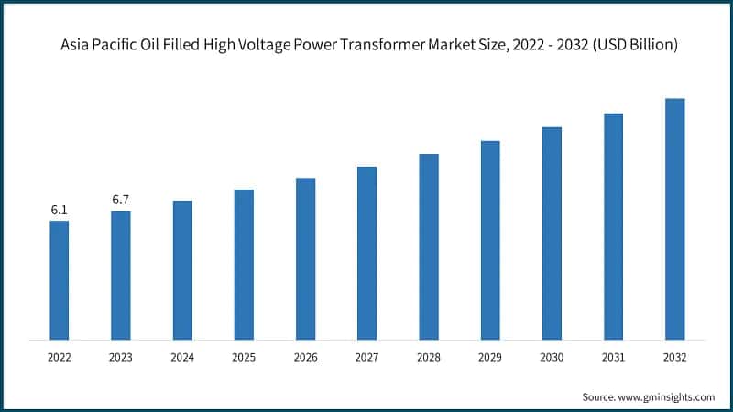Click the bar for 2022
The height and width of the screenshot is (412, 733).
click(60, 280)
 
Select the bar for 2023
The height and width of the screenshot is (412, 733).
click(121, 276)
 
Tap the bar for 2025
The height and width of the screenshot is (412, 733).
click(244, 265)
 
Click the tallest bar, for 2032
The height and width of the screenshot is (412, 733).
click(674, 219)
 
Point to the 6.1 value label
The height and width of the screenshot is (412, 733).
click(60, 210)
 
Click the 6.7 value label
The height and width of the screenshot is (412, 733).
click(121, 200)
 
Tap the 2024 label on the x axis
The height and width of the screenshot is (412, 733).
click(182, 358)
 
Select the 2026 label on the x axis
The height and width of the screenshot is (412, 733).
click(305, 358)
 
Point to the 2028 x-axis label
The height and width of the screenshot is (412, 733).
click(428, 358)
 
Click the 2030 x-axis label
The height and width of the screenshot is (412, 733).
click(552, 358)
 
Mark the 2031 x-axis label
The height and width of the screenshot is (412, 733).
click(613, 358)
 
